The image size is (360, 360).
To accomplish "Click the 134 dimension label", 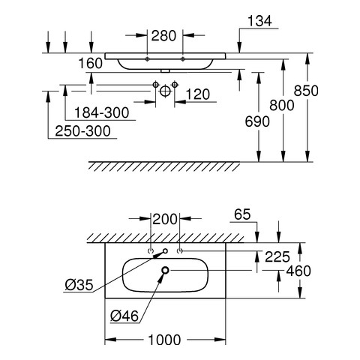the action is (x=259, y=21).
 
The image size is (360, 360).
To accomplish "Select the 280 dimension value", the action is (x=163, y=36).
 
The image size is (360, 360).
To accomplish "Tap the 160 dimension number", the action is (x=91, y=63).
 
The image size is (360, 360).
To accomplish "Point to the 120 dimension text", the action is (x=198, y=94).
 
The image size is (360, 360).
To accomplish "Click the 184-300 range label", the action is (x=102, y=112).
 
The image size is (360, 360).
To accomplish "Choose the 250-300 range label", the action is (x=82, y=131).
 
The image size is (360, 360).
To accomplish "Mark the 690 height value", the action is (x=257, y=121).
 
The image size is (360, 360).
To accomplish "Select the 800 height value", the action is (x=282, y=105).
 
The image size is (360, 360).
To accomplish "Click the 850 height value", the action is (x=306, y=91).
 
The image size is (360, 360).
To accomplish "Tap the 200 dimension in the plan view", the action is (x=165, y=219).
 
